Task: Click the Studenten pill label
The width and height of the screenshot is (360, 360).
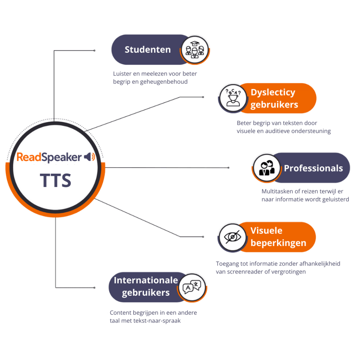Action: click(148, 50)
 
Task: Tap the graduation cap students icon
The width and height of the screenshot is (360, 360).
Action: click(195, 50)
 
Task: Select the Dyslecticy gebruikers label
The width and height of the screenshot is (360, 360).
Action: click(274, 98)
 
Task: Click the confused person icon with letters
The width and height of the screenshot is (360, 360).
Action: click(233, 98)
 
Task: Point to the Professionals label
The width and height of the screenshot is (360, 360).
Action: click(313, 168)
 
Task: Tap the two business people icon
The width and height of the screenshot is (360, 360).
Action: click(266, 168)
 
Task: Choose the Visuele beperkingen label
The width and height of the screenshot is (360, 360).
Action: click(278, 237)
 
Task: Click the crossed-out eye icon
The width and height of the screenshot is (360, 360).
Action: click(233, 237)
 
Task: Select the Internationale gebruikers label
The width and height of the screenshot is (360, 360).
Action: click(146, 287)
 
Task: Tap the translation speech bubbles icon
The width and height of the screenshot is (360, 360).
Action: click(192, 287)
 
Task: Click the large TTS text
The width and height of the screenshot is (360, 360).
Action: click(56, 180)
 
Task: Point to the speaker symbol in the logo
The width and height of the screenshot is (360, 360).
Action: click(90, 157)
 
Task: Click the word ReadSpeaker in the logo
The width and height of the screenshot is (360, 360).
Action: click(49, 157)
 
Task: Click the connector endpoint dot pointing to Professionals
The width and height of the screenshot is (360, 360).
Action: click(229, 168)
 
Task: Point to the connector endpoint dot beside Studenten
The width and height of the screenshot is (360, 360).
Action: click(94, 51)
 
